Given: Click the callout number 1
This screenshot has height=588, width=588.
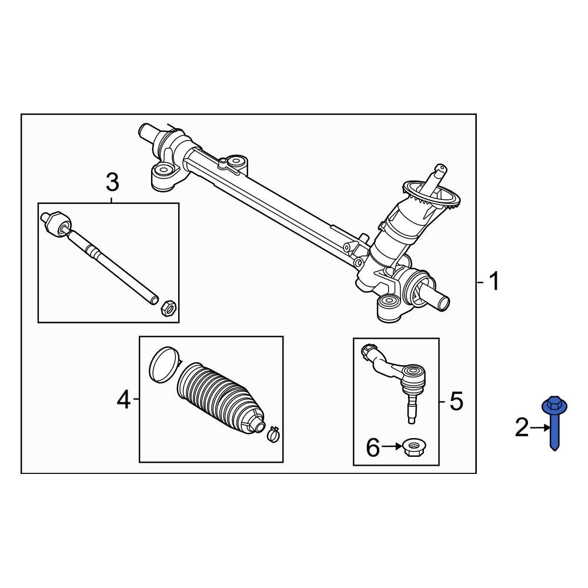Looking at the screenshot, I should click(494, 282).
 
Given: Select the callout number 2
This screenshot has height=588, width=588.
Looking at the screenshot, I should click(522, 429).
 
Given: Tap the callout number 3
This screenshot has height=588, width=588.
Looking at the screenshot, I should click(112, 182).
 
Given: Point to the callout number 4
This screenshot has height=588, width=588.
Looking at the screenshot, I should click(123, 400).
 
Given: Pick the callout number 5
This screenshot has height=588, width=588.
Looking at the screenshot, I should click(456, 402).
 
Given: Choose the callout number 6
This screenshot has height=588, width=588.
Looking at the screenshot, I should click(373, 448).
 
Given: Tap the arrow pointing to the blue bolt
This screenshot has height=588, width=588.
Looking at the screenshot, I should click(539, 429).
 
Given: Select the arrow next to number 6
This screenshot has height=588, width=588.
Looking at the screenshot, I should click(390, 447).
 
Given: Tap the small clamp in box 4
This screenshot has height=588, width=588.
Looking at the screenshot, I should click(272, 435).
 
